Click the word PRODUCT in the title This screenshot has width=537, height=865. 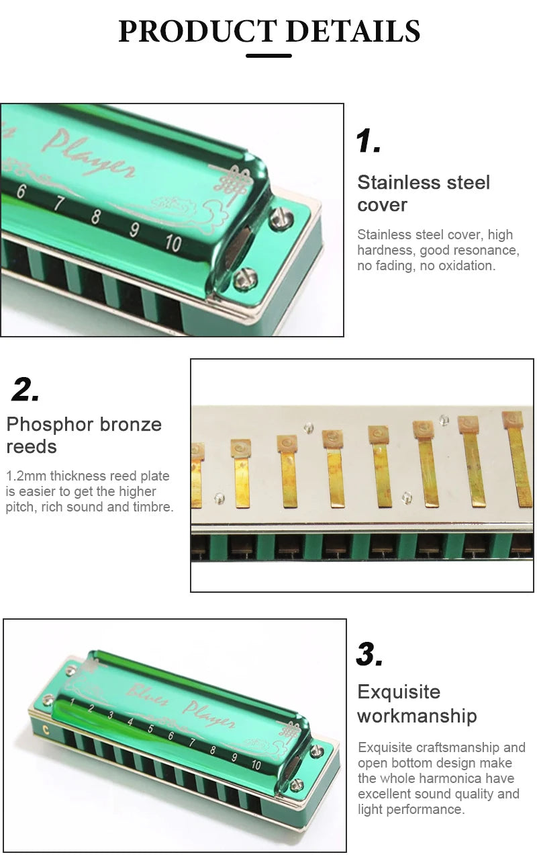coord(197,31)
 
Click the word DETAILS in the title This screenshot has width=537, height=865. coord(353,31)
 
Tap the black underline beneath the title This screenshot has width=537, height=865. coord(268,56)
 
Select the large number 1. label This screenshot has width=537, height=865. coord(368,141)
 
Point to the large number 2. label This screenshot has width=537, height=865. coord(26,389)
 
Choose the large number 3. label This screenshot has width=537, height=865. coord(370,654)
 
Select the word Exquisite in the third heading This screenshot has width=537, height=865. coord(399,692)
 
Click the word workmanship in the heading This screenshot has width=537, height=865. coord(417,716)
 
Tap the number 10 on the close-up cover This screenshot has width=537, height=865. coord(173,243)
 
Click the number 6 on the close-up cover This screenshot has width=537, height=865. coord(21,191)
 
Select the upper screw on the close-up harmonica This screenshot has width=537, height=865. coord(281,218)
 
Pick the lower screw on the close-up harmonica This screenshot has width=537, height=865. coord(246,277)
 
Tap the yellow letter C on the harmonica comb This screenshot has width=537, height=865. coord(46,729)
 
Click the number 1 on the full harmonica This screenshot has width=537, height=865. coord(72,702)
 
